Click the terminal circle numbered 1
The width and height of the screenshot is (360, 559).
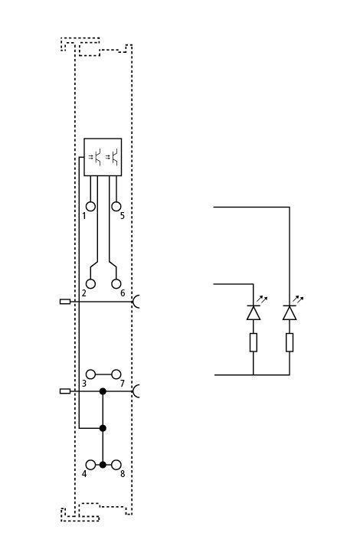91,207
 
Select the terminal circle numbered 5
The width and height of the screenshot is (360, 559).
116,207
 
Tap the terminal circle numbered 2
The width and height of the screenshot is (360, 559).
91,284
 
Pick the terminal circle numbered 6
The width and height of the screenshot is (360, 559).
116,284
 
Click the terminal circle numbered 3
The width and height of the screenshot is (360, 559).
91,374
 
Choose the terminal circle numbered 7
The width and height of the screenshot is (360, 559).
116,374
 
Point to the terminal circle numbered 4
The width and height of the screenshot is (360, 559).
91,465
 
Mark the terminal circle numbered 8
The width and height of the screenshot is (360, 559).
116,465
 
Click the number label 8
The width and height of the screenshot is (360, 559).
123,474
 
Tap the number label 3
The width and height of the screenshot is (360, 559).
84,384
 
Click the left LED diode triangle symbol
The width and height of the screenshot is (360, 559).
253,312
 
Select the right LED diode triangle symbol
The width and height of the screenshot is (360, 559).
290,312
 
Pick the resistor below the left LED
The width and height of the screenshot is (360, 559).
253,342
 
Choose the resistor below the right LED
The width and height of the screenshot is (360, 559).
290,342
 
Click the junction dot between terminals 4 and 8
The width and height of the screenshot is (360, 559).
103,465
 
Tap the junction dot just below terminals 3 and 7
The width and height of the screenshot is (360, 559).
103,391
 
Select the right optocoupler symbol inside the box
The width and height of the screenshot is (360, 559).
113,157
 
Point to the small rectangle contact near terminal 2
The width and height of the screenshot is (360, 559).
65,302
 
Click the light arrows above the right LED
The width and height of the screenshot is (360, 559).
298,299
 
